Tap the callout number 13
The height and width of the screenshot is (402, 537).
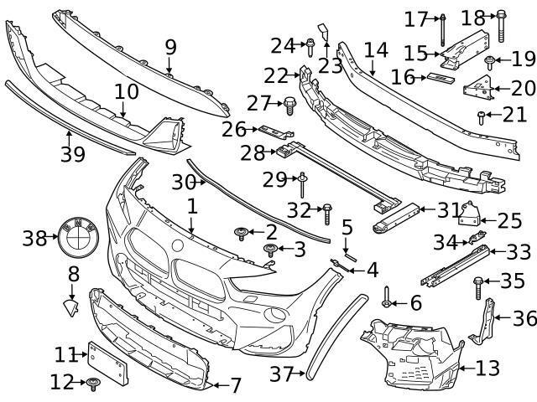pyautogui.click(x=487, y=368)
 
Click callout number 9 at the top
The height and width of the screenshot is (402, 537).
pyautogui.click(x=170, y=46)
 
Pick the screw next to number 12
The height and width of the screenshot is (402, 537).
pyautogui.click(x=93, y=384)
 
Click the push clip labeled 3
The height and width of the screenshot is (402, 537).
pyautogui.click(x=271, y=250)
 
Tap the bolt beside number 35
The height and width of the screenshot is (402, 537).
pyautogui.click(x=478, y=287)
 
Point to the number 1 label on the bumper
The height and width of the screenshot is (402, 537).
pyautogui.click(x=191, y=204)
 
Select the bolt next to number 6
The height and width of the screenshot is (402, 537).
pyautogui.click(x=388, y=295)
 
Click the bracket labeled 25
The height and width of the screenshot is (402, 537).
pyautogui.click(x=470, y=217)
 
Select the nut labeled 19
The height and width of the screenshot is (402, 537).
pyautogui.click(x=488, y=59)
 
